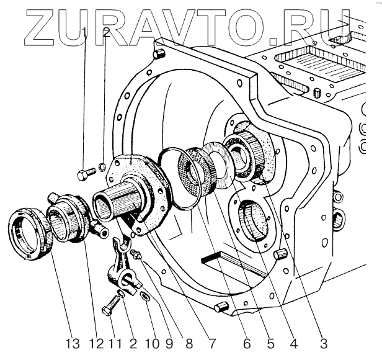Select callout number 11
(x=114, y=343)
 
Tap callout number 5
(x=269, y=343)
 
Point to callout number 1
(x=86, y=33)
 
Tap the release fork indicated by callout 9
(x=125, y=268)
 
